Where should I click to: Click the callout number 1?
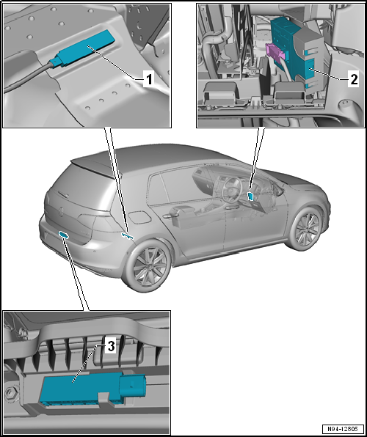pyautogui.click(x=149, y=80)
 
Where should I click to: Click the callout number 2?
pyautogui.click(x=353, y=80)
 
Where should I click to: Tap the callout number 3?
pyautogui.click(x=111, y=347)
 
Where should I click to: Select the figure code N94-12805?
pyautogui.click(x=344, y=429)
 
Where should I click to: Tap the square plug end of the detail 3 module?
pyautogui.click(x=132, y=386)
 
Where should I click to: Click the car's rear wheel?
pyautogui.click(x=148, y=265)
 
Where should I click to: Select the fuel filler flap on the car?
pyautogui.click(x=139, y=217)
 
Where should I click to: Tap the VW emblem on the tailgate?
pyautogui.click(x=61, y=211)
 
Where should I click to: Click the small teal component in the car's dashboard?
pyautogui.click(x=251, y=197)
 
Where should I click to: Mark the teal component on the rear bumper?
pyautogui.click(x=64, y=235)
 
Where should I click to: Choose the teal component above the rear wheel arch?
pyautogui.click(x=128, y=236)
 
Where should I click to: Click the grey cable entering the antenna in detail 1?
pyautogui.click(x=28, y=77)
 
